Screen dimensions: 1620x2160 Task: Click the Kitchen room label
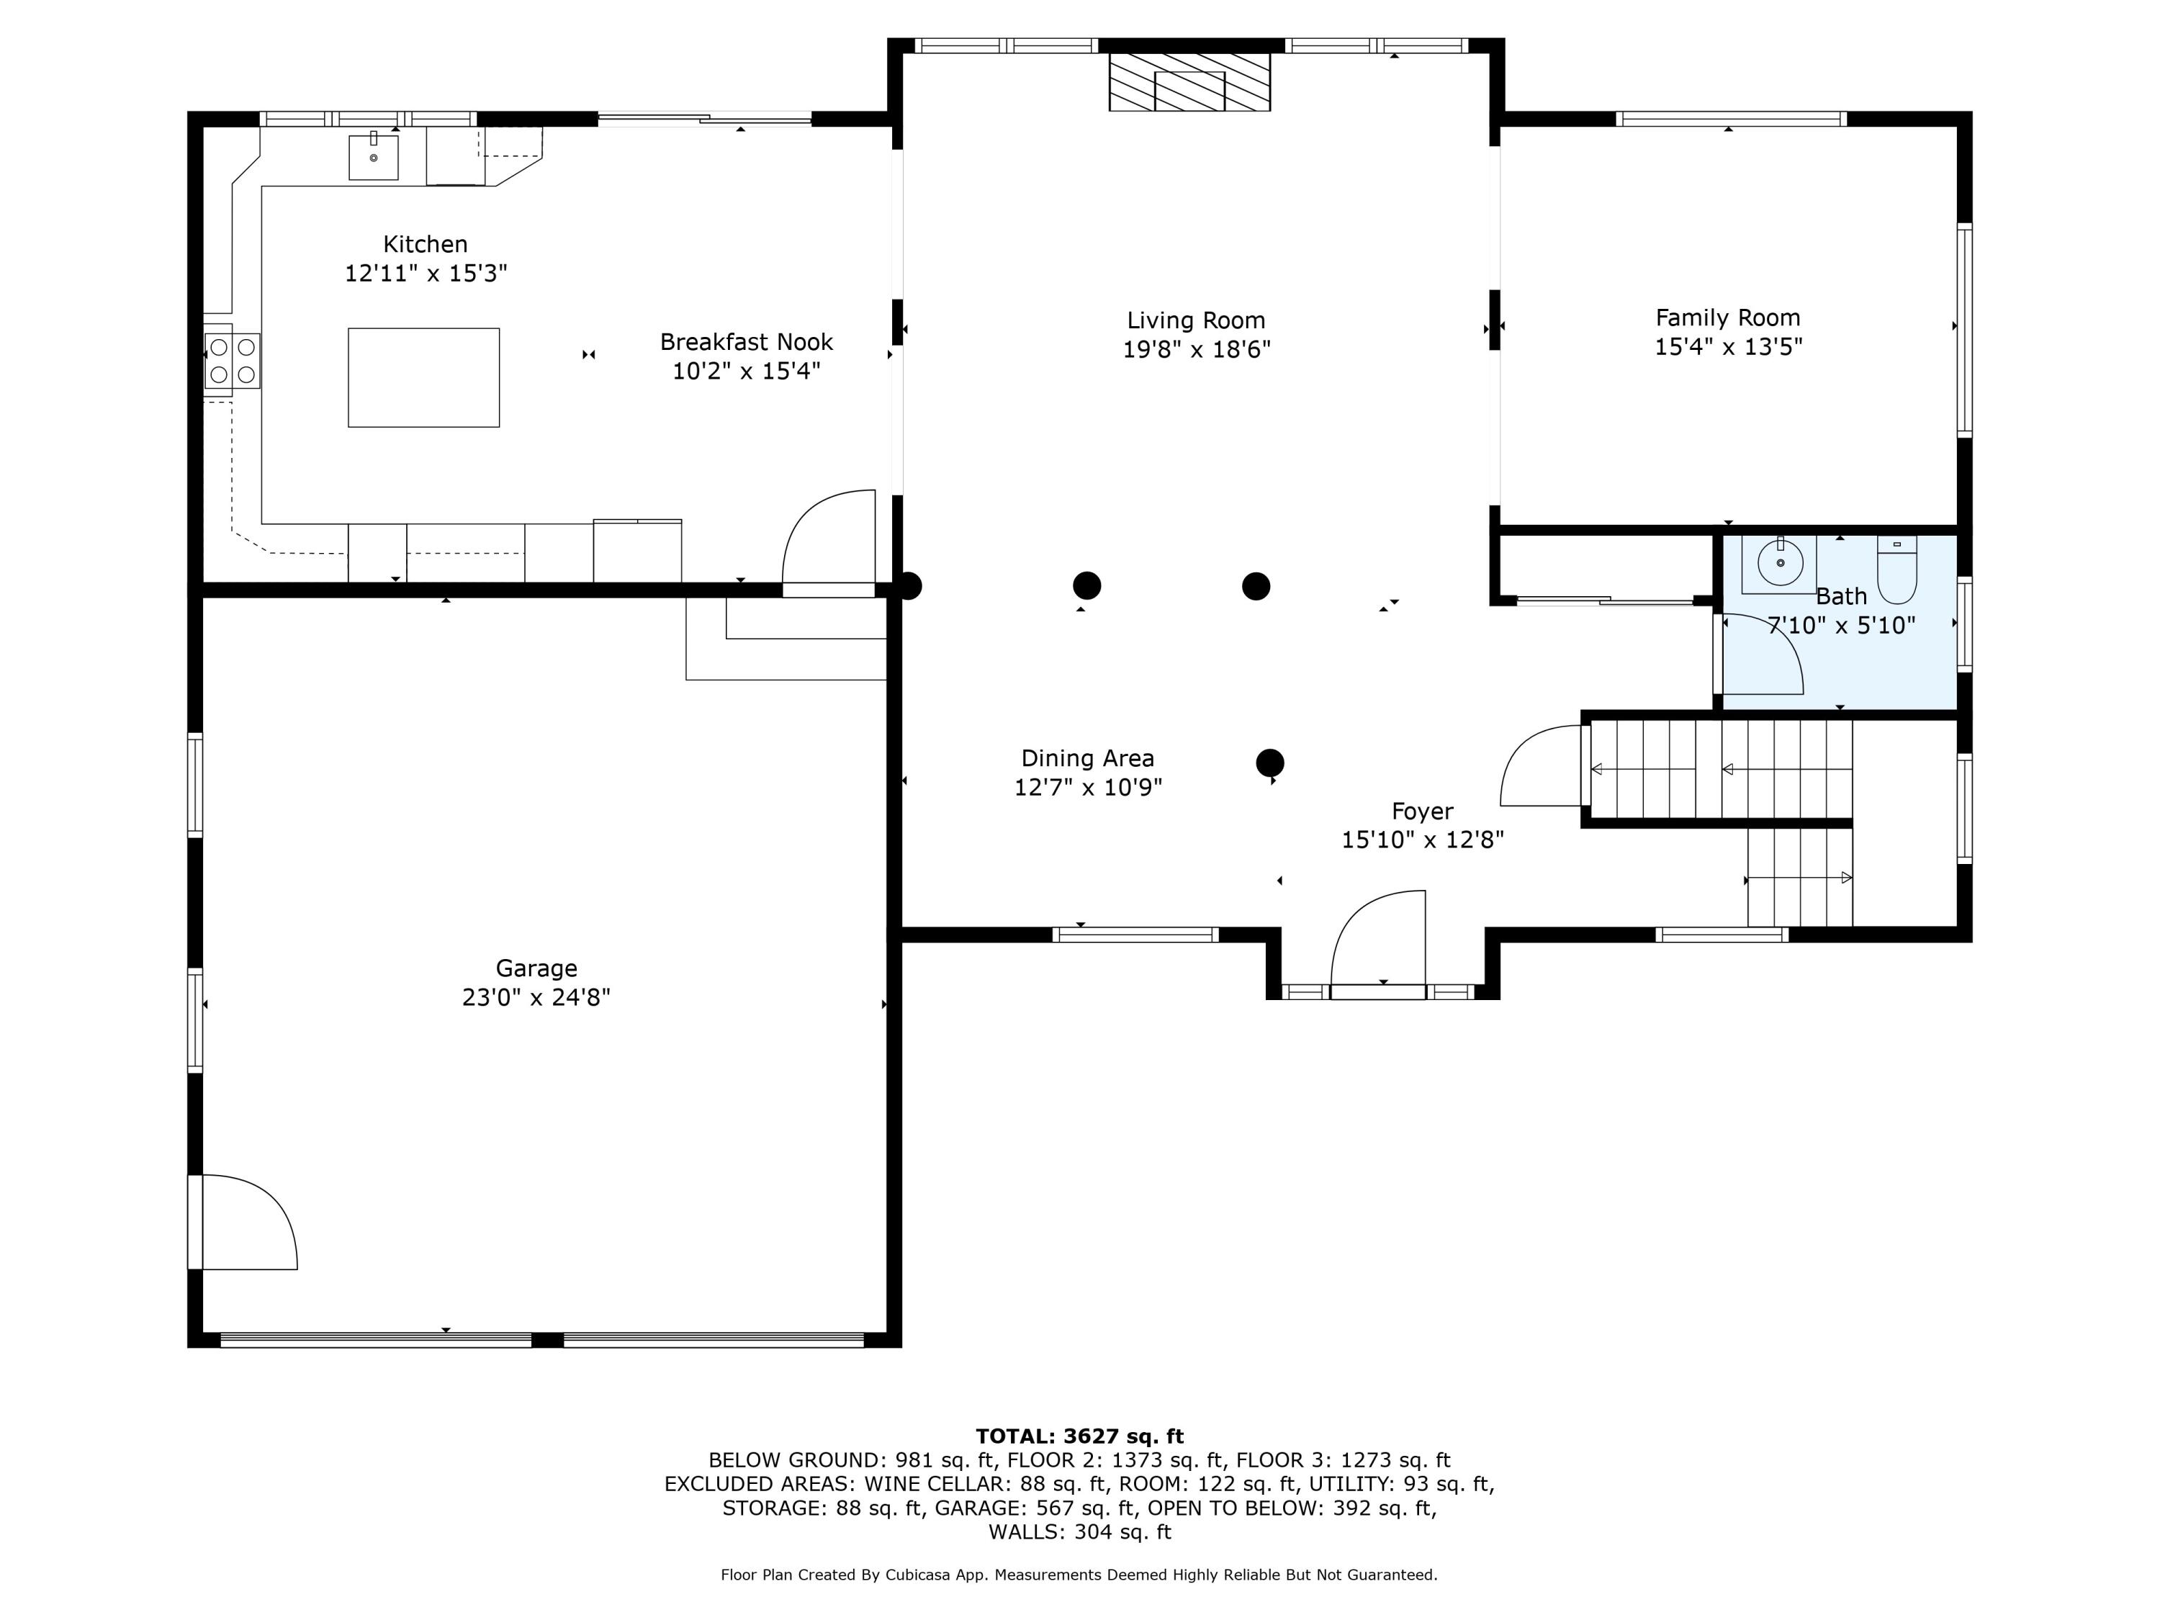pyautogui.click(x=425, y=244)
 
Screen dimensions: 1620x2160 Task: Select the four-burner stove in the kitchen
pyautogui.click(x=233, y=360)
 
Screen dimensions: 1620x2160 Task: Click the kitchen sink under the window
pyautogui.click(x=373, y=157)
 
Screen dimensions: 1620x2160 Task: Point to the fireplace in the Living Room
pyautogui.click(x=1189, y=82)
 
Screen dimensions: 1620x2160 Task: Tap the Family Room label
pyautogui.click(x=1727, y=318)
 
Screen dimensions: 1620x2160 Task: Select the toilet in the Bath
pyautogui.click(x=1896, y=570)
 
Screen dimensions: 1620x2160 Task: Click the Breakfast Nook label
pyautogui.click(x=746, y=342)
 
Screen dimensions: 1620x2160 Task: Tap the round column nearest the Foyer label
pyautogui.click(x=1269, y=762)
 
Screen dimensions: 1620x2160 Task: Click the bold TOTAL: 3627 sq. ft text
pyautogui.click(x=1079, y=1436)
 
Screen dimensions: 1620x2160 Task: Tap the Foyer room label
pyautogui.click(x=1422, y=811)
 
